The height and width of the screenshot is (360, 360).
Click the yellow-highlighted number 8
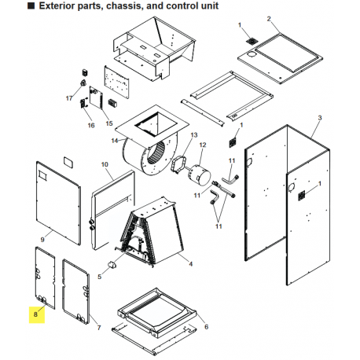click(x=35, y=314)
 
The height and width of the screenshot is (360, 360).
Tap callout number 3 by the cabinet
click(x=319, y=117)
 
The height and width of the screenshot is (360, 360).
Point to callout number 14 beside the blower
click(x=115, y=141)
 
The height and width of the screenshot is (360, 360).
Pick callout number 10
click(x=104, y=165)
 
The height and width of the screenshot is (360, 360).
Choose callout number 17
click(x=68, y=99)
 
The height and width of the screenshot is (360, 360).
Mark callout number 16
click(x=90, y=125)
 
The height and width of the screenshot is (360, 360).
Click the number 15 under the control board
click(x=109, y=123)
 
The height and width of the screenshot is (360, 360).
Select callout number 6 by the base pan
click(x=206, y=327)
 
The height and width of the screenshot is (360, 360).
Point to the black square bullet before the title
click(x=9, y=6)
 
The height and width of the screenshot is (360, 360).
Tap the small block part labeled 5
click(x=112, y=265)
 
